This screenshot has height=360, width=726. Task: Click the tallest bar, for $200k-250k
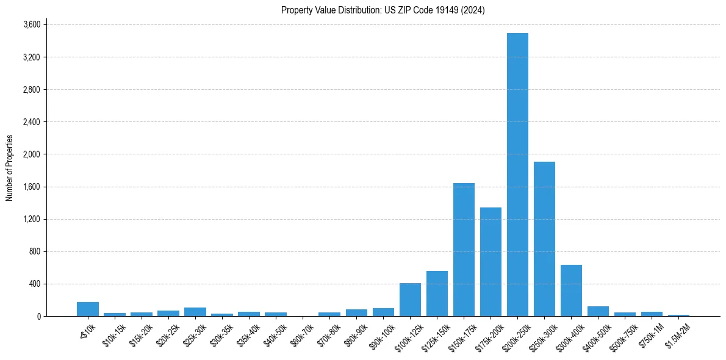coord(517,175)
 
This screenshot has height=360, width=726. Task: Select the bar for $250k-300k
coord(544,239)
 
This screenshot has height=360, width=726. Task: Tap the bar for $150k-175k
coord(464,250)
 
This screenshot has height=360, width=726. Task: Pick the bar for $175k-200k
coord(491,262)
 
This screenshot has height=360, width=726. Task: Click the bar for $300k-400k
coord(571,290)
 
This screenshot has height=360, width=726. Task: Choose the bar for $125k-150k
coord(437,293)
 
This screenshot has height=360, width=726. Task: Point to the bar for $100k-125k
coord(410,300)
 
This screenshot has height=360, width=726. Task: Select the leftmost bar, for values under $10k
coord(88,309)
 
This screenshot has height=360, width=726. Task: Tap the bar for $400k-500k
coord(598,311)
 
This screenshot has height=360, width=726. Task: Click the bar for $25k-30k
coord(195,312)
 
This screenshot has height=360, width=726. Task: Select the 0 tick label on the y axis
coord(38,316)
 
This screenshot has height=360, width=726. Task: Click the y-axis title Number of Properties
coord(9,168)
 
